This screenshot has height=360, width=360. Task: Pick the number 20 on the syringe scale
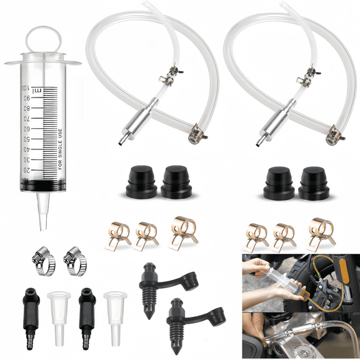[26, 170]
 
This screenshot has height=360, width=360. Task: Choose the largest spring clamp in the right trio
[321, 230]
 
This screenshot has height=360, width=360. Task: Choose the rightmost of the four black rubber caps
[314, 181]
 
